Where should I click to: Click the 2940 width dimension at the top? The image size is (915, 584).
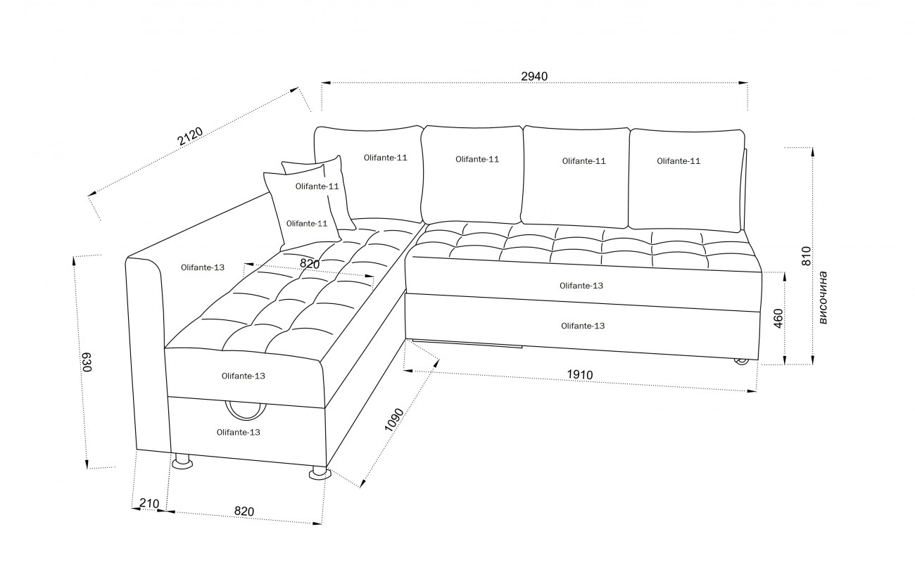click(x=534, y=77)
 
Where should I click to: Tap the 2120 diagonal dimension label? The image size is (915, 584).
click(x=190, y=137)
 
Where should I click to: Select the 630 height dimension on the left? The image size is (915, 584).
click(x=87, y=362)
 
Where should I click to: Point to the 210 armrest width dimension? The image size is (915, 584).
click(x=149, y=504)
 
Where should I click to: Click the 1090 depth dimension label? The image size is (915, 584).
click(x=395, y=420)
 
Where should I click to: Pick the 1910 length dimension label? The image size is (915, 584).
click(x=580, y=374)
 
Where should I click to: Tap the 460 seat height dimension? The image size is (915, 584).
click(x=778, y=318)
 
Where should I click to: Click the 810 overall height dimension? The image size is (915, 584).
click(x=807, y=256)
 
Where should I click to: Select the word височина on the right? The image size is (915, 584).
click(x=823, y=298)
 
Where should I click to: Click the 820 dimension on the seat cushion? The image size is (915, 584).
click(x=310, y=264)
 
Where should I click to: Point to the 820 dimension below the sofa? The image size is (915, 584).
click(x=244, y=512)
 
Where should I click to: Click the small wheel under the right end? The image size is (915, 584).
click(x=742, y=362)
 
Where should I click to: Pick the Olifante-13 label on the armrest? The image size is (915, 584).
click(x=203, y=267)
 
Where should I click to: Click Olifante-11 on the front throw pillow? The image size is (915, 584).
click(x=307, y=223)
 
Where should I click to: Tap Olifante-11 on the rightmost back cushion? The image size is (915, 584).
click(x=679, y=161)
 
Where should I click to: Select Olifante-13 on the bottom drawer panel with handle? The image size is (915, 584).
click(x=238, y=432)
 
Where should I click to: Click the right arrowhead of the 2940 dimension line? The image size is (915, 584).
click(x=743, y=83)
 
